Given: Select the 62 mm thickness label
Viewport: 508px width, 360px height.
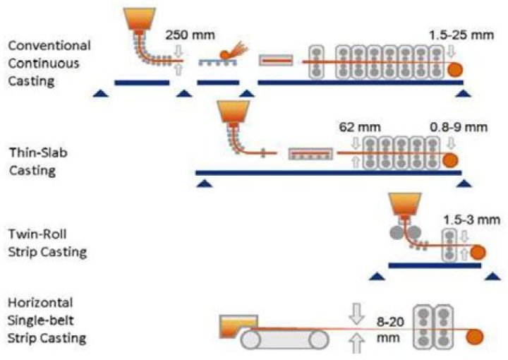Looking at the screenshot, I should pos(356,127).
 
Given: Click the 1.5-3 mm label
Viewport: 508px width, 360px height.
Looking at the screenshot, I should pos(470,220).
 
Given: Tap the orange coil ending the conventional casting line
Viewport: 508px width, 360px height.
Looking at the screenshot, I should pos(455,69).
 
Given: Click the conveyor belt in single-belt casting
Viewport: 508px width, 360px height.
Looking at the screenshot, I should pos(285,340).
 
